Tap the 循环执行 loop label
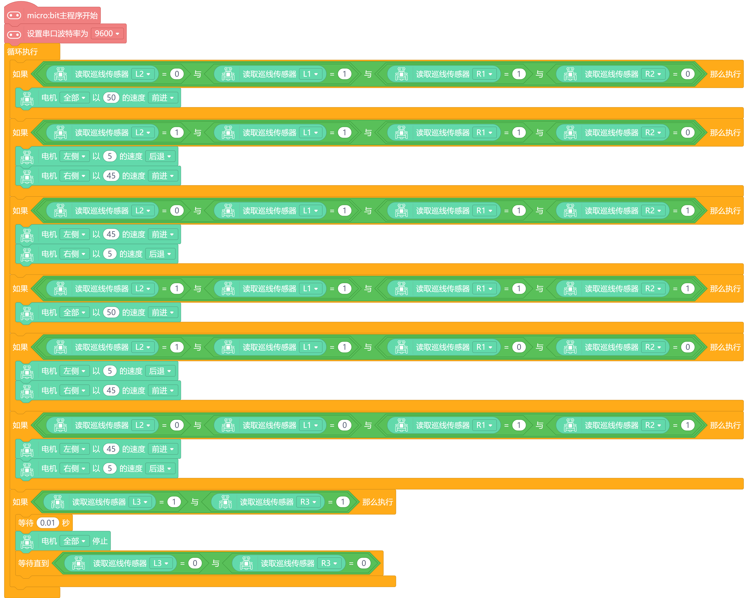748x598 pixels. click(23, 52)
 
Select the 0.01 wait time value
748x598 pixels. click(48, 523)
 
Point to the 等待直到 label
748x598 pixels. click(33, 563)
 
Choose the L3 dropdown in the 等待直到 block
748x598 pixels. click(161, 563)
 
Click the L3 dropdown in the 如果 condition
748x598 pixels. click(140, 502)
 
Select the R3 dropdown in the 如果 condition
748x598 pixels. click(308, 502)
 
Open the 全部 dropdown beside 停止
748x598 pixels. click(74, 541)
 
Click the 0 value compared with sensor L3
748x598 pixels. click(195, 563)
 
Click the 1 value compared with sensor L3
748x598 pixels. click(174, 502)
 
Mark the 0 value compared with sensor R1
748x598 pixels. click(519, 347)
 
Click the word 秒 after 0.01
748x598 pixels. click(66, 523)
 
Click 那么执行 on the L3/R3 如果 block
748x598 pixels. click(378, 502)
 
